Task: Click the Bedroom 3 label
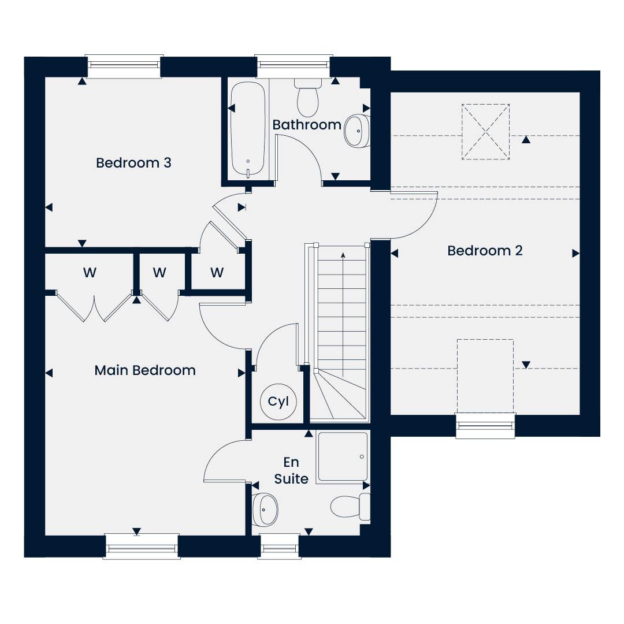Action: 133,163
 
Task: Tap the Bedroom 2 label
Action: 485,251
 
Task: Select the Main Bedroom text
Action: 145,370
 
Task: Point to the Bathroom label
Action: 307,125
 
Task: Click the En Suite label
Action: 291,470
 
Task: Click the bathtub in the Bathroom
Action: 248,128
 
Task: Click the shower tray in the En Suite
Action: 343,457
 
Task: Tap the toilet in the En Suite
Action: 350,507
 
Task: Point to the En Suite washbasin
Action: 265,510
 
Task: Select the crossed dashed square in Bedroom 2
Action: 485,132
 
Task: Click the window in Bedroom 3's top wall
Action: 125,66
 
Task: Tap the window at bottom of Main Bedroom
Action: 142,547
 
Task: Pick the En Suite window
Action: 278,547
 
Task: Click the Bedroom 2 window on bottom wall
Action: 485,426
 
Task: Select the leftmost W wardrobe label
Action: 90,273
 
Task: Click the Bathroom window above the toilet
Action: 294,66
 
